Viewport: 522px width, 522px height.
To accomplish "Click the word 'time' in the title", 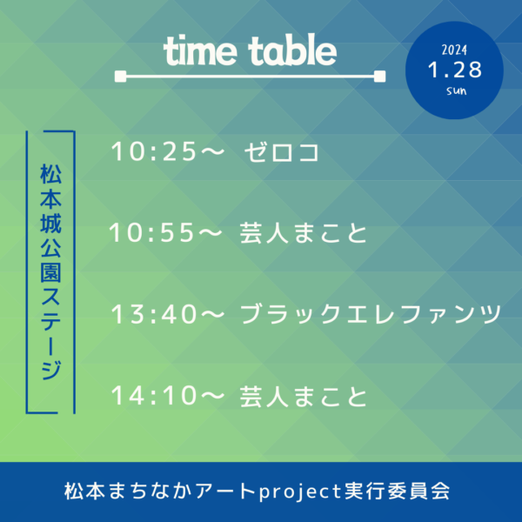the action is coord(200,50).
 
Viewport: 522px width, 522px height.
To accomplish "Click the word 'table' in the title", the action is coord(292,50).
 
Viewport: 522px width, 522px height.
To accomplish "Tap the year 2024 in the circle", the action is coord(454,50).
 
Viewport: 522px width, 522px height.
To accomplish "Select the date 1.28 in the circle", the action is coord(455,70).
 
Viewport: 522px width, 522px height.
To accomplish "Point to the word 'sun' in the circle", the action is coord(457,90).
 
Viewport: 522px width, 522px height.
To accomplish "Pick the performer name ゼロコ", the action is coord(282,152).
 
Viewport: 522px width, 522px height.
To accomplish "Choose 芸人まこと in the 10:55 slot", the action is coord(304,233).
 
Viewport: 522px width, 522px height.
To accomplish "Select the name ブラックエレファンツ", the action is coord(371,314).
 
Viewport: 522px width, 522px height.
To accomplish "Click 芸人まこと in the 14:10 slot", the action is coord(304,396).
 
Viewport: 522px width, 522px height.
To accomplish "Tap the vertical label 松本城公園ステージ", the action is coord(50,271).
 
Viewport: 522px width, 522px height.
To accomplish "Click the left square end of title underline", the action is coord(121,77).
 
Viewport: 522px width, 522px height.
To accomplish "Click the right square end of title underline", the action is coord(380,77).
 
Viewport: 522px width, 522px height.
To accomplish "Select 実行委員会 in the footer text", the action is coord(398,491).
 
